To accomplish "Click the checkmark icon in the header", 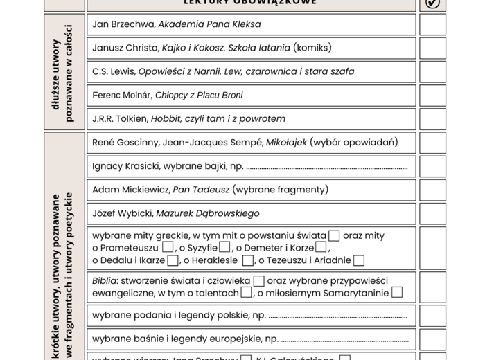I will tap(432, 3).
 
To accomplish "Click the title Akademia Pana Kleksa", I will tap(209, 24).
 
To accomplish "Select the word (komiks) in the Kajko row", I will tap(302, 48).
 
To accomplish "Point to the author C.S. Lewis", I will tap(113, 71).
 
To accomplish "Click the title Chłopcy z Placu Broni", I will tap(198, 95).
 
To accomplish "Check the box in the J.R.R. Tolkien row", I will tap(432, 118).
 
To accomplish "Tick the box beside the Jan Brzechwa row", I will tap(432, 24).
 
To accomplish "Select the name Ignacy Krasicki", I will tap(127, 166).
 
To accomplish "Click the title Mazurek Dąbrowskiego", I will tap(207, 213).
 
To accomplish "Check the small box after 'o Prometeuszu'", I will tap(168, 247).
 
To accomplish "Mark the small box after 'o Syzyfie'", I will tap(224, 247).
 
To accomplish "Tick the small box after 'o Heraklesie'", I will tap(247, 261).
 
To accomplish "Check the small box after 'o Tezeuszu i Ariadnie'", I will tap(359, 261).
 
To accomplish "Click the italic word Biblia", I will tap(105, 281).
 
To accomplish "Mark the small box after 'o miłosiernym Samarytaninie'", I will tap(397, 292).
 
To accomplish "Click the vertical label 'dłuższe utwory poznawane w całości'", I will tap(64, 71).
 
